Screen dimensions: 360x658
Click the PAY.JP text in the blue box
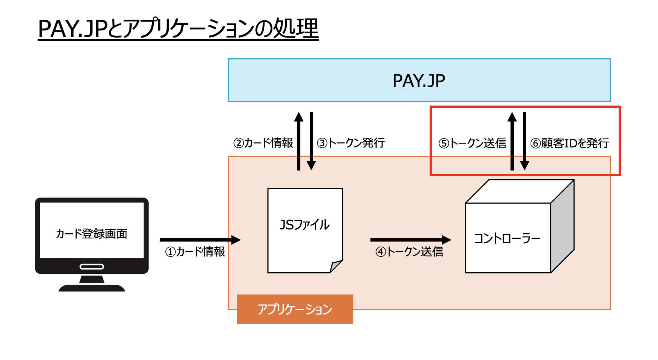[x=419, y=81]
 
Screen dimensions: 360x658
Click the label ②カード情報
[x=263, y=143]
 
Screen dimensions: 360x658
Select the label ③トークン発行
[x=351, y=143]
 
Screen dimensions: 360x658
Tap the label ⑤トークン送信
[x=472, y=143]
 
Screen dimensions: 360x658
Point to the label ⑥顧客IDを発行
[x=570, y=143]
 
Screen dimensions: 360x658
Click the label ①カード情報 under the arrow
[x=195, y=252]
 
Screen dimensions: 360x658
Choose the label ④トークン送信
[x=409, y=252]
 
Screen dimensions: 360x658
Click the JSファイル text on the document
[x=305, y=225]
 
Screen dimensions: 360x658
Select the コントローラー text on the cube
[x=507, y=238]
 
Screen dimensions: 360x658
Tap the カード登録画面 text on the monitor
[x=92, y=234]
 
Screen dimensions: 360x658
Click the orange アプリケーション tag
[x=295, y=309]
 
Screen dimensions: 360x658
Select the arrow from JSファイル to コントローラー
[x=410, y=240]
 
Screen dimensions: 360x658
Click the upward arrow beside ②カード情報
[x=299, y=141]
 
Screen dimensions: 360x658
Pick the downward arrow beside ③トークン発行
[x=311, y=141]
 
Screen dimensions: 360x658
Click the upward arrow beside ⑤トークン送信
[x=512, y=141]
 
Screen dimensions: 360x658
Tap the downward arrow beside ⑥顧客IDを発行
[x=525, y=141]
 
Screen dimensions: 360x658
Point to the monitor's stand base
[x=92, y=288]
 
